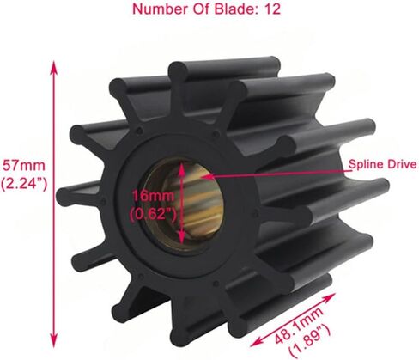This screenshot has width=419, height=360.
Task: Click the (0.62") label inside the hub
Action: [149, 213]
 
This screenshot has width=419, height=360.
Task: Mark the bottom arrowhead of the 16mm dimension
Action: [181, 241]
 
